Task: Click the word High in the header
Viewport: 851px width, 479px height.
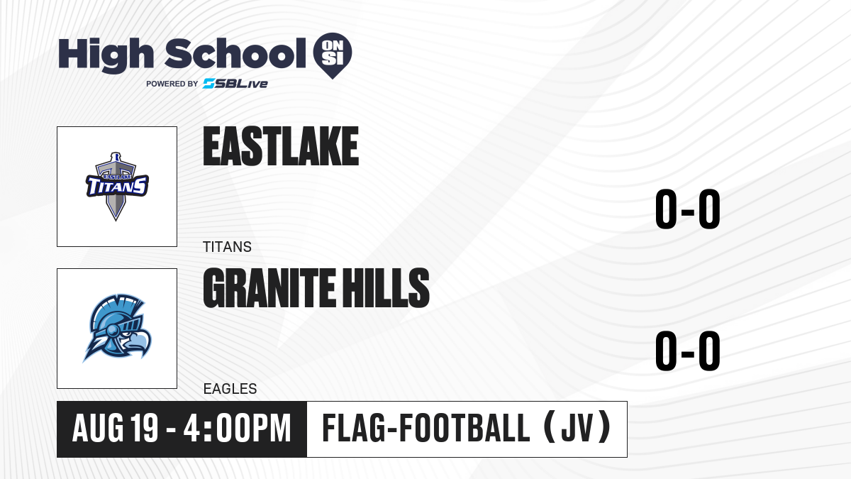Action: pos(106,55)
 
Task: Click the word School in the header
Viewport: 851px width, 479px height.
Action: pos(235,53)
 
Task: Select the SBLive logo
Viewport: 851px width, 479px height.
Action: pos(235,84)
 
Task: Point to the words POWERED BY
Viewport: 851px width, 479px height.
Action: pos(172,84)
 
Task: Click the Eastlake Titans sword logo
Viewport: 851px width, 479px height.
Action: pos(117,186)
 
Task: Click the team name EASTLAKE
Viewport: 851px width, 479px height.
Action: pos(281,146)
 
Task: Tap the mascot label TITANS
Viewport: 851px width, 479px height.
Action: pos(227,247)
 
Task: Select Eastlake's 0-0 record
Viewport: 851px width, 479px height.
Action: pos(688,209)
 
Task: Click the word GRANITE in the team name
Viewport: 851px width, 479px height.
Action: pos(269,288)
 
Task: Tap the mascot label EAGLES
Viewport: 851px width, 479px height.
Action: pos(230,389)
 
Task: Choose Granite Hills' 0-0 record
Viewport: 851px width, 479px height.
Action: pos(688,351)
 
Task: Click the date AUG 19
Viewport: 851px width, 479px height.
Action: pos(115,429)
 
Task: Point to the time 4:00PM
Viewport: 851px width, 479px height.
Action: pos(238,429)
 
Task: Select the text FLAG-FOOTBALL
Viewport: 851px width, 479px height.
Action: pos(426,429)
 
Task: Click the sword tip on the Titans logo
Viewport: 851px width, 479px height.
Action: pos(116,219)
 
